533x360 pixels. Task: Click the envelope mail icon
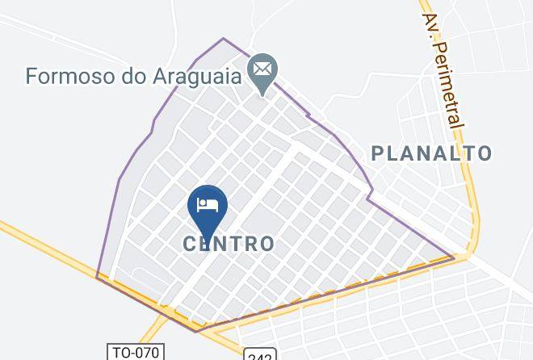[x=262, y=69]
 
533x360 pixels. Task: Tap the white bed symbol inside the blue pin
[x=207, y=203]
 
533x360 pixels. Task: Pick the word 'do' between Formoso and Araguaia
[x=135, y=77]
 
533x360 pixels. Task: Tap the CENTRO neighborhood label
[x=229, y=243]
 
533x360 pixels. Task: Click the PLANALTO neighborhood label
[x=431, y=153]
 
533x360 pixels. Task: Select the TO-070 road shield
[x=136, y=352]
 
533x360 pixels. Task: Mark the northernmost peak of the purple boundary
[x=225, y=38]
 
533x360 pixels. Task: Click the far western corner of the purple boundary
[x=97, y=278]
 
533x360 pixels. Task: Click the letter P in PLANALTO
[x=377, y=153]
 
